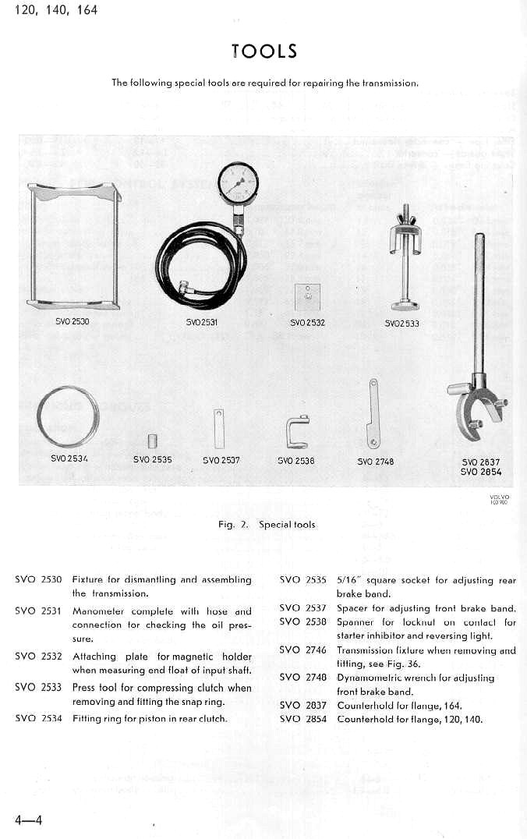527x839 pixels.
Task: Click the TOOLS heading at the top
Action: coord(264,51)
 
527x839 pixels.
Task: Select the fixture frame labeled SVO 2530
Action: coord(73,246)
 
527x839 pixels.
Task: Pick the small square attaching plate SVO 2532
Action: coord(308,296)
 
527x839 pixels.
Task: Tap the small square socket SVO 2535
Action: coord(153,441)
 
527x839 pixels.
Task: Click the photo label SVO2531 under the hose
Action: coord(202,322)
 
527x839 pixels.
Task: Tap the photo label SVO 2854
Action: coord(480,472)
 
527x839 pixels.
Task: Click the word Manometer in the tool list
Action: coord(94,611)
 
